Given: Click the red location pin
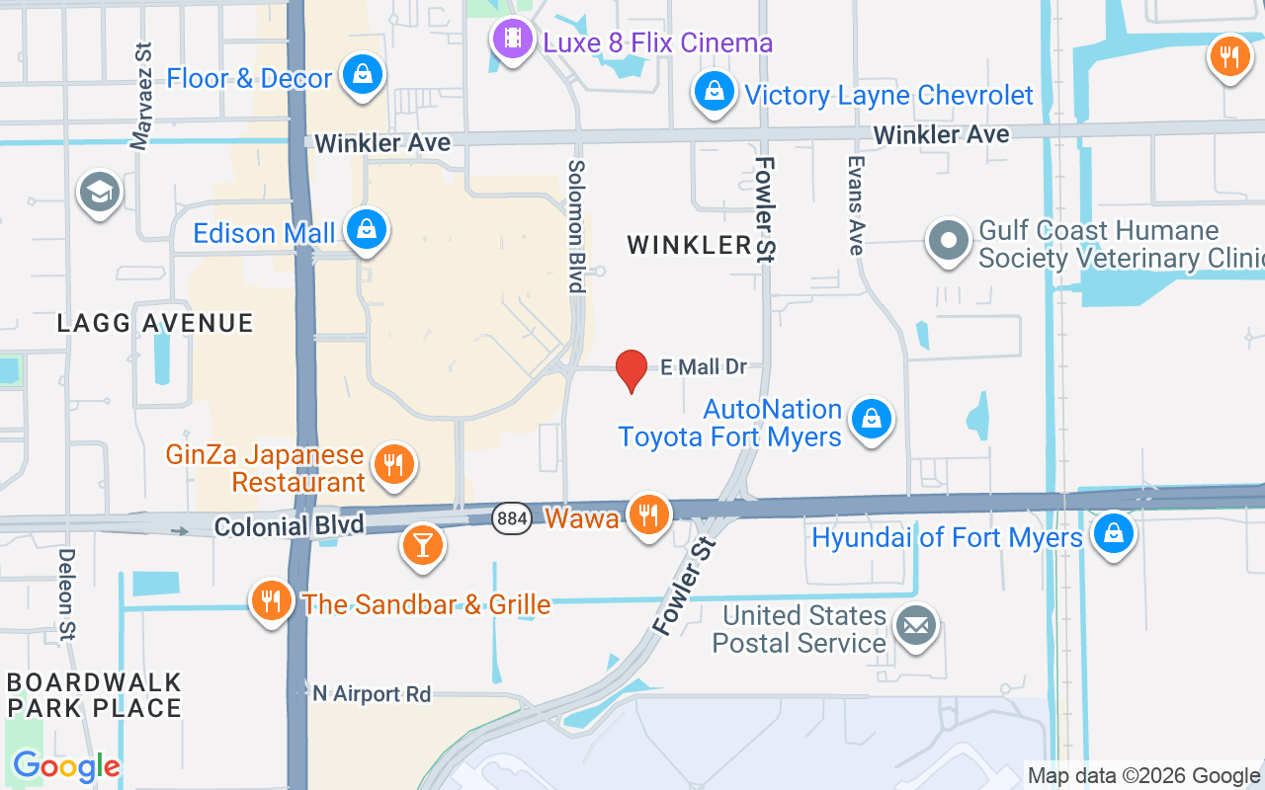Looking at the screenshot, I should [632, 370].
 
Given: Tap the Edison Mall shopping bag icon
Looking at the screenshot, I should [367, 230].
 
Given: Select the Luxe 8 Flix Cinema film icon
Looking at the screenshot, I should [512, 40].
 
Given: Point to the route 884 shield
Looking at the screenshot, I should [510, 517].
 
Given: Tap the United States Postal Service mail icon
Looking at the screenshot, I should [916, 626].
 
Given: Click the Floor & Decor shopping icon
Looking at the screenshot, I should [364, 75].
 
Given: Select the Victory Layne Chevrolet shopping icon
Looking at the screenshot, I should [713, 93].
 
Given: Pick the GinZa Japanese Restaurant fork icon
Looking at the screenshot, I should [394, 464].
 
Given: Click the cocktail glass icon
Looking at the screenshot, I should [423, 546].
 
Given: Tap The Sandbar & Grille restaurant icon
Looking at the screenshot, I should [271, 600].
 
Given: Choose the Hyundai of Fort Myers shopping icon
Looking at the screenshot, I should [1114, 534].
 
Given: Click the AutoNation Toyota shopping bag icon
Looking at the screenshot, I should [872, 420].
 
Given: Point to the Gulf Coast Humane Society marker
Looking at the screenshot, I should [949, 242].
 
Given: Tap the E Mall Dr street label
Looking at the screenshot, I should [704, 367].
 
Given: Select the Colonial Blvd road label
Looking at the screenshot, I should [275, 526].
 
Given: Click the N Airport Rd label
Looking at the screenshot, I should [372, 694].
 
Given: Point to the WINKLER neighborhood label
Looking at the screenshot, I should [690, 245].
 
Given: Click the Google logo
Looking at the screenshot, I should [66, 766].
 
